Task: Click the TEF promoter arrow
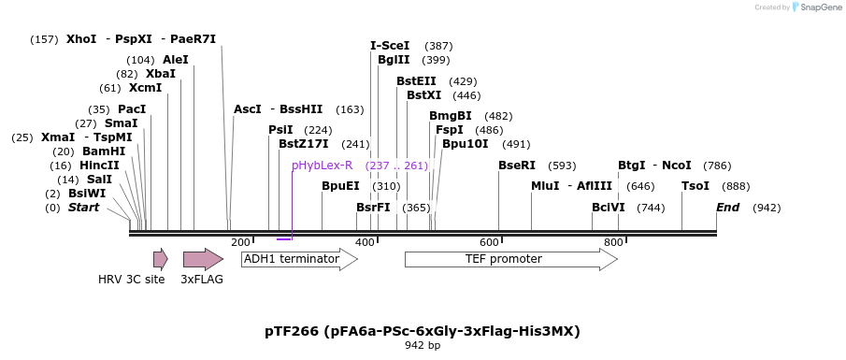click(510, 259)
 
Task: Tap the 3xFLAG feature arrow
click(203, 259)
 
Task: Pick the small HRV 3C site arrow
click(161, 259)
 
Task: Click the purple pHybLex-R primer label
click(322, 166)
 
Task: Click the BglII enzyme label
click(394, 60)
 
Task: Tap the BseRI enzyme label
click(517, 166)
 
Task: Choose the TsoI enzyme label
click(695, 186)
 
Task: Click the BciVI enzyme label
click(609, 208)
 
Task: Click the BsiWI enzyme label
click(87, 194)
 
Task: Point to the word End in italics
click(728, 208)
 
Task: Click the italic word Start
click(83, 208)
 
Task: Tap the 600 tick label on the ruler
click(489, 243)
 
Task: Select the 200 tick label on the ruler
click(240, 243)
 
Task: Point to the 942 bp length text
click(423, 346)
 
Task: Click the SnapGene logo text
click(819, 7)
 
